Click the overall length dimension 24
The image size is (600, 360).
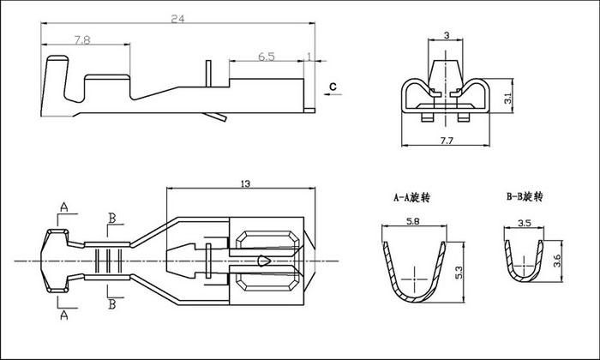pos(177,19)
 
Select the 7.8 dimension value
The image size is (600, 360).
pos(82,39)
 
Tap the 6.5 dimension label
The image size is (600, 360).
pos(267,57)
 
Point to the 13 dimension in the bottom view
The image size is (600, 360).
pos(245,183)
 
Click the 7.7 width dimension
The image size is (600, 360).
pos(447,141)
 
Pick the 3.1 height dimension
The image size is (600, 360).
pos(507,98)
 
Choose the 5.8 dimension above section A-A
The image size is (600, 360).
pos(414,221)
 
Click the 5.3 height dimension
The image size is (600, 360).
pos(459,273)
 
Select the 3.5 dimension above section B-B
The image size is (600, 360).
pos(525,223)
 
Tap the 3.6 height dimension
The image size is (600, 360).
pos(557,261)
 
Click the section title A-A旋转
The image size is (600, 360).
pos(411,197)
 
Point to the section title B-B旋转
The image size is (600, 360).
pos(525,196)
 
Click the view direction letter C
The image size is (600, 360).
pos(333,87)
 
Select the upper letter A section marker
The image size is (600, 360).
pos(64,207)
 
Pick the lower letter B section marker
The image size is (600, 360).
pos(112,304)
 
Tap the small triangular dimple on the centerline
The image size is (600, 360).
pos(264,261)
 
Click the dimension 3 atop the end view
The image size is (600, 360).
pos(447,36)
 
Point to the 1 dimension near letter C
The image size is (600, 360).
pos(309,57)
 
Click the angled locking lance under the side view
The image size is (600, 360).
pos(215,117)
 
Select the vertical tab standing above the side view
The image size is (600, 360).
pos(208,74)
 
